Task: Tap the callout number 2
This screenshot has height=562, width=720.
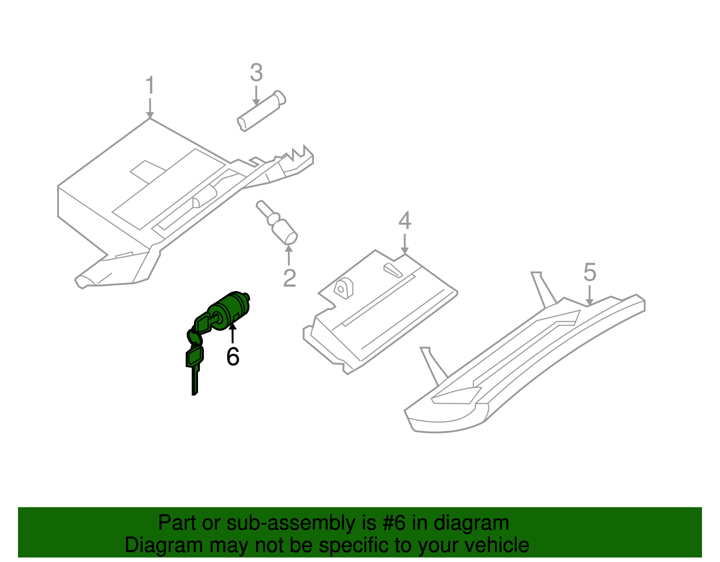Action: (x=289, y=278)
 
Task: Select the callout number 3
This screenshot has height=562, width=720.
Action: (x=256, y=73)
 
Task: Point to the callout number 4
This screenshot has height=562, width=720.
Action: (x=405, y=221)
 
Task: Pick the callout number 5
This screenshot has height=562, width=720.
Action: (x=589, y=273)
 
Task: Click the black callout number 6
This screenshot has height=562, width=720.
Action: (x=233, y=356)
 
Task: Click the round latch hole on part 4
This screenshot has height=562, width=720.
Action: (x=343, y=288)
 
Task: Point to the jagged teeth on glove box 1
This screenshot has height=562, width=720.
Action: (x=297, y=153)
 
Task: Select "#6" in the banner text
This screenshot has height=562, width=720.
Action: (x=394, y=523)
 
